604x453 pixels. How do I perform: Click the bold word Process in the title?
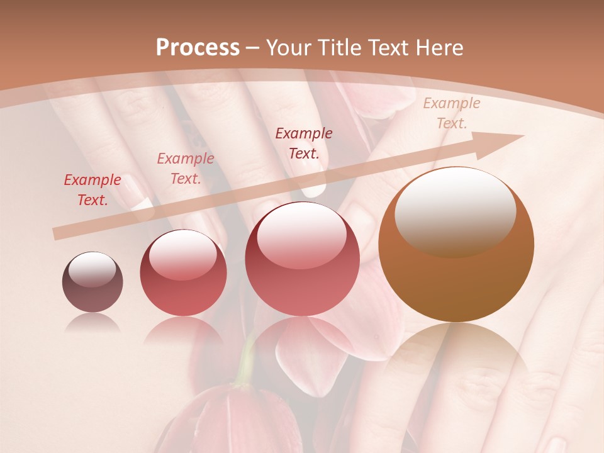click(198, 48)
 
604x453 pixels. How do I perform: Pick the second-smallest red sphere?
click(183, 274)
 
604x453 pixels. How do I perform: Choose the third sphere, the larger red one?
click(302, 259)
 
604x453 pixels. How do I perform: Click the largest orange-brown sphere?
click(456, 245)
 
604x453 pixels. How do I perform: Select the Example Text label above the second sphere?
click(186, 169)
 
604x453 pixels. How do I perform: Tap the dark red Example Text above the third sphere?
click(304, 143)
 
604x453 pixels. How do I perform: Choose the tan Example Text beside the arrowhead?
click(451, 113)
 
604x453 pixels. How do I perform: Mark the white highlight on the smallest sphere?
click(92, 269)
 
